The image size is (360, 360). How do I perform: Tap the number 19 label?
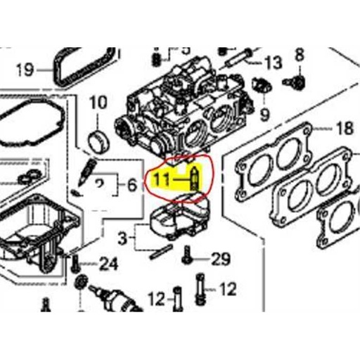coord(24,70)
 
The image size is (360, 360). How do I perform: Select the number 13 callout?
coord(273,61)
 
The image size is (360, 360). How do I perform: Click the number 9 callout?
coord(264,113)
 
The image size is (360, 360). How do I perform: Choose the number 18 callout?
coord(345,129)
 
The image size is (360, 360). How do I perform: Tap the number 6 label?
coord(131,186)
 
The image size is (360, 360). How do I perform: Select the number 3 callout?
coord(124,239)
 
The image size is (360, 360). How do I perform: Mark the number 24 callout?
coord(108,264)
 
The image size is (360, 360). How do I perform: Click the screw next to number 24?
coord(74,264)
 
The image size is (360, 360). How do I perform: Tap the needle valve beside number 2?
coord(87,171)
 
